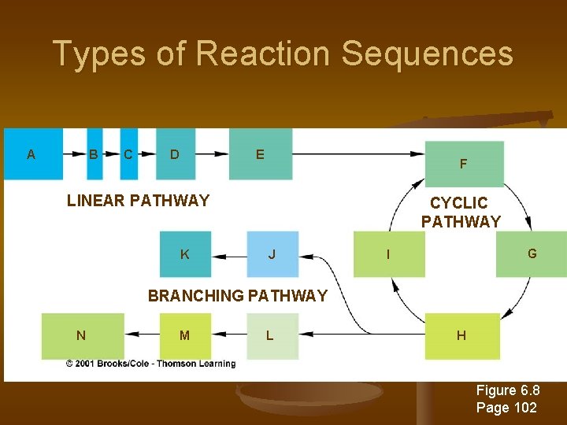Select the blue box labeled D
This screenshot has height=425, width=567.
175,154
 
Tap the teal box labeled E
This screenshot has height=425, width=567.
261,154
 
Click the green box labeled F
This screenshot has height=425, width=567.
464,164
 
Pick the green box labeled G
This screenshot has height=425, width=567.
532,253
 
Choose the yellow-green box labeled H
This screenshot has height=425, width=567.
462,335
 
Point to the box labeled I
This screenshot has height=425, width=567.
388,253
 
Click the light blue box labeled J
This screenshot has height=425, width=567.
272,254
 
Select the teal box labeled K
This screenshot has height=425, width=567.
185,254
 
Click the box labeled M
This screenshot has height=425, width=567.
185,335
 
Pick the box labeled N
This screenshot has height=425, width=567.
82,335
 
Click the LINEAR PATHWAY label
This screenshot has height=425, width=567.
138,201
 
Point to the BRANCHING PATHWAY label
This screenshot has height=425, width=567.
237,296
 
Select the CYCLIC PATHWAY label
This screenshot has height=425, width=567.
460,213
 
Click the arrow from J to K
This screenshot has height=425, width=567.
229,255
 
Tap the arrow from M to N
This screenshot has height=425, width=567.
142,334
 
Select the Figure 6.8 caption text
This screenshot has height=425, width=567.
508,391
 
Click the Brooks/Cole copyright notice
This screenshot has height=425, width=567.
150,364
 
